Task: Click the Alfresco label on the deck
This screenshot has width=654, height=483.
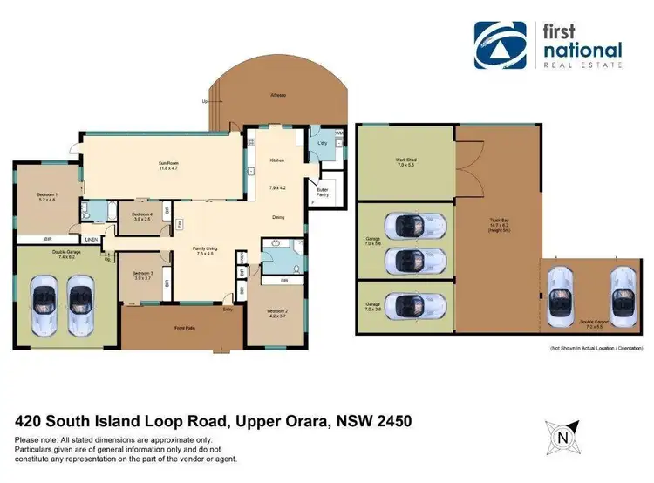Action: [278, 95]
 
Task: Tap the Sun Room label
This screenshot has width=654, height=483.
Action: [167, 165]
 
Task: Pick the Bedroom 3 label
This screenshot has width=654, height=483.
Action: [143, 275]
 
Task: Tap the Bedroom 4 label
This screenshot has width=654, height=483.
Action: [141, 216]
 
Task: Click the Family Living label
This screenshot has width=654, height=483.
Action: [205, 251]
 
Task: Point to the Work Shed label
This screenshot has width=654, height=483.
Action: [405, 162]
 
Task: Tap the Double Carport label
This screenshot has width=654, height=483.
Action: [596, 322]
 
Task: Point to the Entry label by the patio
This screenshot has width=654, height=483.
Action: [228, 309]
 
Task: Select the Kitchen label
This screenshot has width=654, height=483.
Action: [277, 160]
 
